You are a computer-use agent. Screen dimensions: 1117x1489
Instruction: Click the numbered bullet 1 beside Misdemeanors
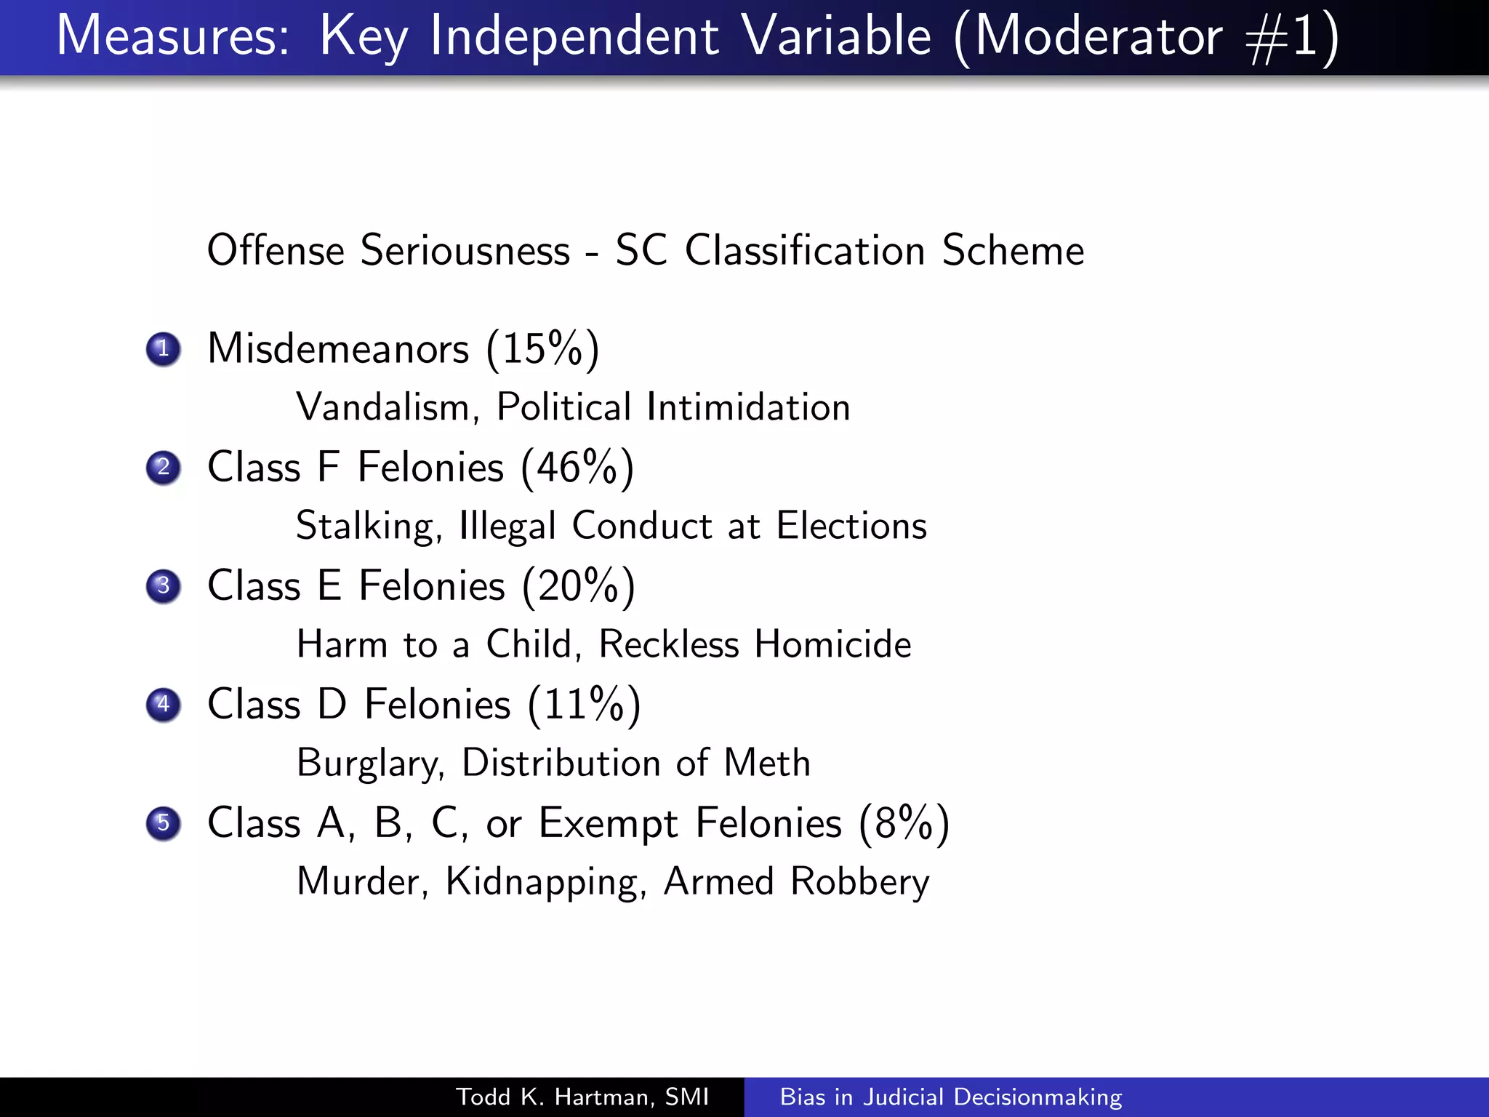tap(163, 349)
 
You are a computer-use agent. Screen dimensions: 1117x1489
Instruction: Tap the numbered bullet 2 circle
tap(163, 468)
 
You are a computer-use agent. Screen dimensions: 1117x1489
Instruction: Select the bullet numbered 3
tap(163, 586)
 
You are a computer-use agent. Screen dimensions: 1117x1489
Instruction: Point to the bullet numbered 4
tap(163, 705)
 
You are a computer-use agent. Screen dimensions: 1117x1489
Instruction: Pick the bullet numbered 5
tap(163, 823)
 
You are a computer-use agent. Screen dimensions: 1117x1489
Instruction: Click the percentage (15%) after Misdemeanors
tap(542, 349)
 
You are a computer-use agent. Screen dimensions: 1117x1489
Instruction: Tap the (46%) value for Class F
tap(577, 468)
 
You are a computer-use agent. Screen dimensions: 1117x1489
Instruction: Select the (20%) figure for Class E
tap(579, 586)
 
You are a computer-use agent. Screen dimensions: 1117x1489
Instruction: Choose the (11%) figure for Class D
tap(584, 705)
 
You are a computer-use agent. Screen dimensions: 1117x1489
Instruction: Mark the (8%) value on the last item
tap(904, 823)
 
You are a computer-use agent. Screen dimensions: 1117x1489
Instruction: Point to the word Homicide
tap(832, 644)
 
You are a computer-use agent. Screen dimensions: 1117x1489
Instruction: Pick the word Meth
tap(767, 763)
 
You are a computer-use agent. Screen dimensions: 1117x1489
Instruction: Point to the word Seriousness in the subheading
tap(465, 250)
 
